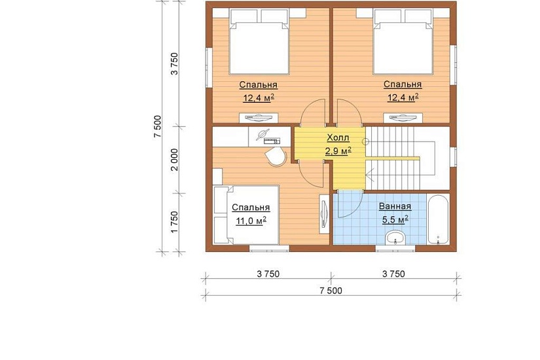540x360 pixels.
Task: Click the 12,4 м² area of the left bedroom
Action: point(259,98)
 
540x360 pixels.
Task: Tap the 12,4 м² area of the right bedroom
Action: point(403,98)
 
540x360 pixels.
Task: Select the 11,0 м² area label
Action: point(251,221)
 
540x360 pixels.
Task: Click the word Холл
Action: point(338,138)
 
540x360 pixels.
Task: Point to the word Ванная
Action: point(395,206)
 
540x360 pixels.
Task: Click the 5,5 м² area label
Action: point(395,219)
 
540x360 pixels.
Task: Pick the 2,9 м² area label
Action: point(338,151)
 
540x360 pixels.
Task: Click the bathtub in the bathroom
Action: point(438,220)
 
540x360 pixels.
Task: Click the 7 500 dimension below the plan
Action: point(331,291)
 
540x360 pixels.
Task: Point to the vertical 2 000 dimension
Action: point(175,160)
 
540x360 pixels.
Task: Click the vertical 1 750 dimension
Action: point(175,222)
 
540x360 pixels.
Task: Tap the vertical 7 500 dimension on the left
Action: point(157,126)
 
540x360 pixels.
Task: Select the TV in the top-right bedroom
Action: point(403,118)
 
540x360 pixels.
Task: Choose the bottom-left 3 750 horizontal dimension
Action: point(268,274)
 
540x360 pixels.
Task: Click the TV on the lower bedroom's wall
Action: point(324,214)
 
